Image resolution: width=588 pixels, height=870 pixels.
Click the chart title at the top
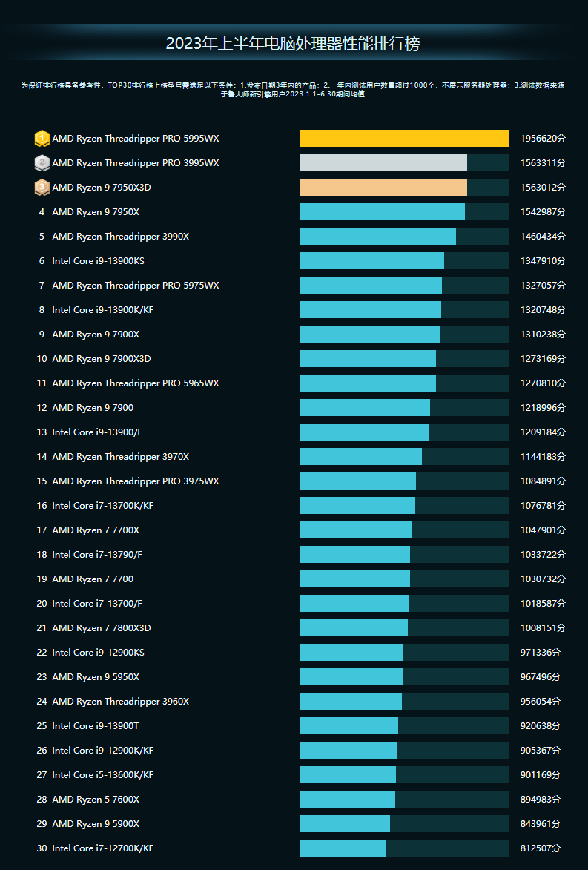[293, 44]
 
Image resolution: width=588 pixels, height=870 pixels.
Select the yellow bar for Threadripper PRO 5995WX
[404, 139]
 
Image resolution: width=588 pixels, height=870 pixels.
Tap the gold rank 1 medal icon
[42, 139]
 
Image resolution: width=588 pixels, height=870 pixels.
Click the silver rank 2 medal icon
[42, 163]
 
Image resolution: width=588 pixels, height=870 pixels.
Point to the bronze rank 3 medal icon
[42, 188]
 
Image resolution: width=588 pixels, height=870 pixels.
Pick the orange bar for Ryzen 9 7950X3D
[383, 188]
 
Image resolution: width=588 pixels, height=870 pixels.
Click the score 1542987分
[543, 212]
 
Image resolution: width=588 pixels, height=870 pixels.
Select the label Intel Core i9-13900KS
[98, 261]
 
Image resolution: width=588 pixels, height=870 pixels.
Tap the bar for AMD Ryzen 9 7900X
[369, 335]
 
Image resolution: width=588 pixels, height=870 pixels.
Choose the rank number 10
[42, 359]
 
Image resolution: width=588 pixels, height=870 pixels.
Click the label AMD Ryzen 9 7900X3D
[102, 359]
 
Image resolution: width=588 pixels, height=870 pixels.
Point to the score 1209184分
[543, 432]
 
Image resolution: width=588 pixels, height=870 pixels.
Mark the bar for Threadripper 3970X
[360, 457]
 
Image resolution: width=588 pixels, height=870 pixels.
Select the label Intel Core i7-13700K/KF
[102, 506]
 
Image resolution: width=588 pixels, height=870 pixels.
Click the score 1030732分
[543, 579]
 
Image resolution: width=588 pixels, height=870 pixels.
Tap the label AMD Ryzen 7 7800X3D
[102, 628]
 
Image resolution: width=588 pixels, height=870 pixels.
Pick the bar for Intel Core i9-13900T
[348, 726]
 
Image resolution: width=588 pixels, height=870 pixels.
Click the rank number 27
[42, 775]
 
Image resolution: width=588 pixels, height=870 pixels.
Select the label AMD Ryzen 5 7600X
[96, 800]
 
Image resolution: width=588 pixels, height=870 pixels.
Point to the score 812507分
[541, 848]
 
